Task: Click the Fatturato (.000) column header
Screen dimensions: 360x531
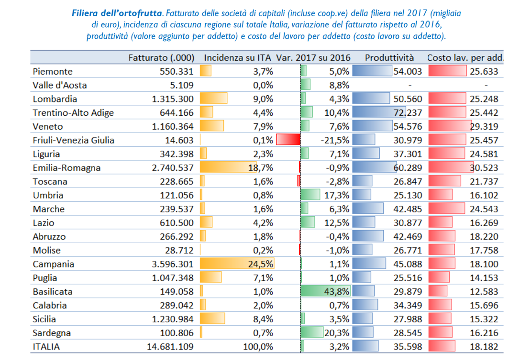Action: click(161, 57)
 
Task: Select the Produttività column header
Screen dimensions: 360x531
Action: click(389, 57)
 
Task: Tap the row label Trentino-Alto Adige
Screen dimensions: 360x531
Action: click(73, 113)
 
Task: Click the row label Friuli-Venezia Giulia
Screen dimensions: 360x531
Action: click(74, 140)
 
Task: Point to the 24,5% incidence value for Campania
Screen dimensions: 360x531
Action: click(261, 264)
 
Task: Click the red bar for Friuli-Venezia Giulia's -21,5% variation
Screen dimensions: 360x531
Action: click(288, 140)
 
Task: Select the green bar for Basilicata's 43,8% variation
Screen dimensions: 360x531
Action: click(325, 292)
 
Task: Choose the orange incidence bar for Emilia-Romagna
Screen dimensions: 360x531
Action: click(228, 168)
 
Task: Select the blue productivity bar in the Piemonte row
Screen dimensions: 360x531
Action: click(372, 71)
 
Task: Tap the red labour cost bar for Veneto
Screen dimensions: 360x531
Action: click(450, 126)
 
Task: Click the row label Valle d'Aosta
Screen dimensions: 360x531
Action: click(60, 85)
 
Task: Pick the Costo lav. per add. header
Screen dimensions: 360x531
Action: click(465, 57)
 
